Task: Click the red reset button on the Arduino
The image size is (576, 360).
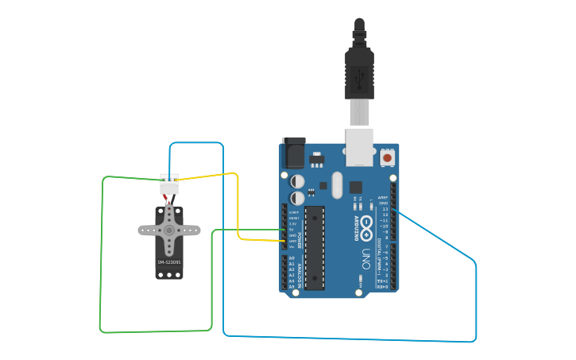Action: [x=387, y=158]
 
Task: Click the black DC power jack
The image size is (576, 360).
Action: [x=293, y=152]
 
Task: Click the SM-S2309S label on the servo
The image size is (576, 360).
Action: [x=168, y=261]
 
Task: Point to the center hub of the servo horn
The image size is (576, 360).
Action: [x=169, y=230]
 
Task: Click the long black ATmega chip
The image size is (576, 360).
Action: [x=315, y=247]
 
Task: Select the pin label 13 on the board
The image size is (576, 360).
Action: [x=385, y=209]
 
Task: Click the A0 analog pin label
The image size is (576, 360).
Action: [x=292, y=258]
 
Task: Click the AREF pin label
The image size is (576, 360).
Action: [x=383, y=198]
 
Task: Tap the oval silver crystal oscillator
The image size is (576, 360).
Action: [x=336, y=184]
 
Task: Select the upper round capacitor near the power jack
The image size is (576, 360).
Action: [x=297, y=181]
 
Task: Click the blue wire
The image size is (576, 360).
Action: [x=475, y=302]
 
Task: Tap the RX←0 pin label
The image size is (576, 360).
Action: [x=382, y=286]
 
